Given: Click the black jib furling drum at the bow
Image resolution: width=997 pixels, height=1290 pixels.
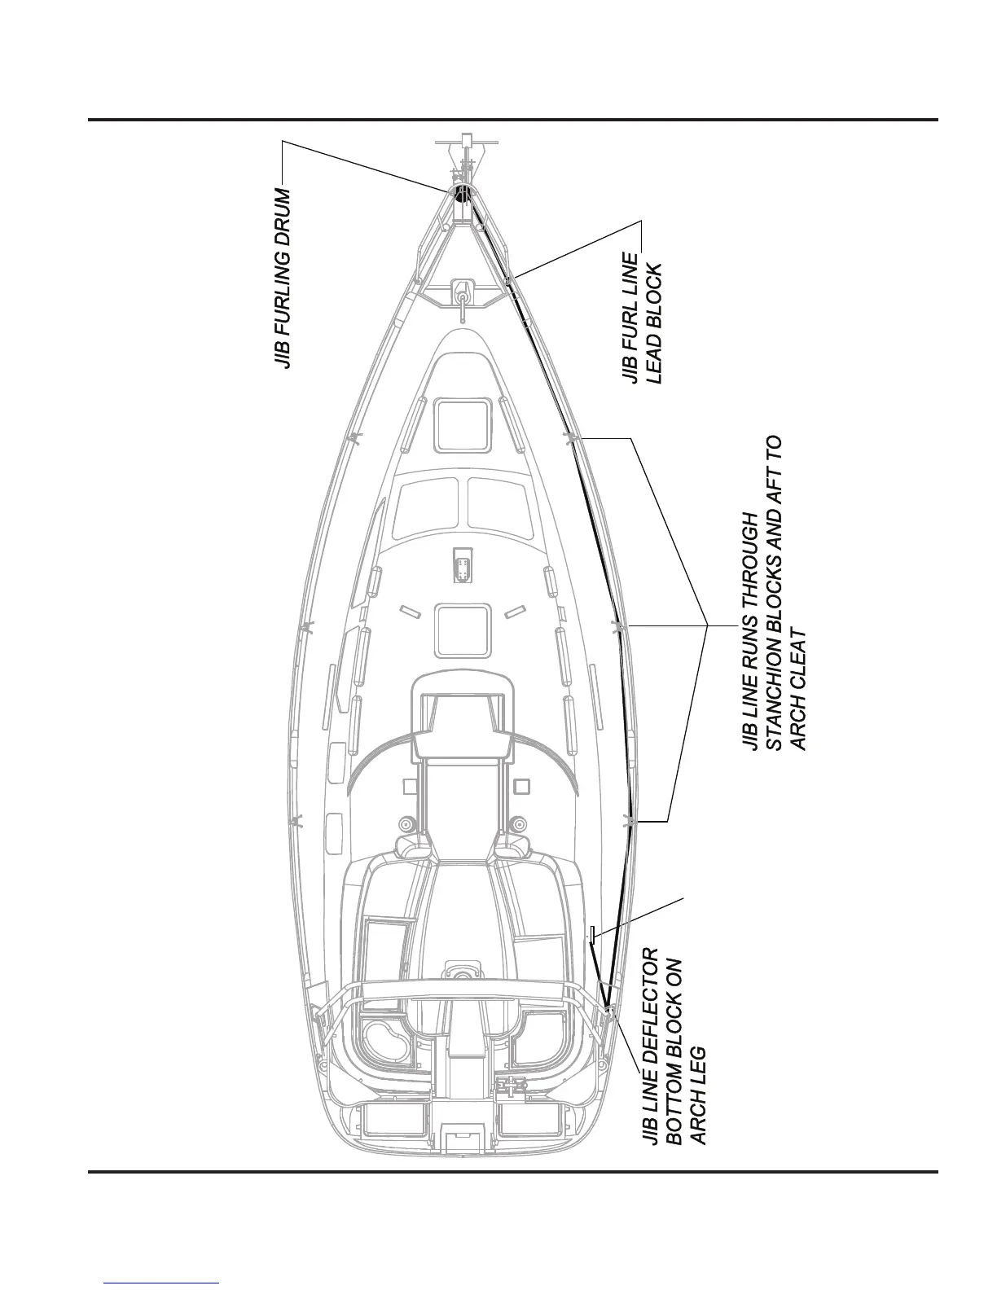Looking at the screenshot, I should tap(462, 194).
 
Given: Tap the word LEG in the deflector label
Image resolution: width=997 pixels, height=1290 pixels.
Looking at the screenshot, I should tap(697, 1064).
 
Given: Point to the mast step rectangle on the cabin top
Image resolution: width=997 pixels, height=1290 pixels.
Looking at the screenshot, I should tap(463, 564).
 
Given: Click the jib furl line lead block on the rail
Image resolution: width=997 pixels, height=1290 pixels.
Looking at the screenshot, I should tap(509, 282).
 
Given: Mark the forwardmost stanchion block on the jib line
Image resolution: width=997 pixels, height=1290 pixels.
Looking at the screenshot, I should tap(572, 439).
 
